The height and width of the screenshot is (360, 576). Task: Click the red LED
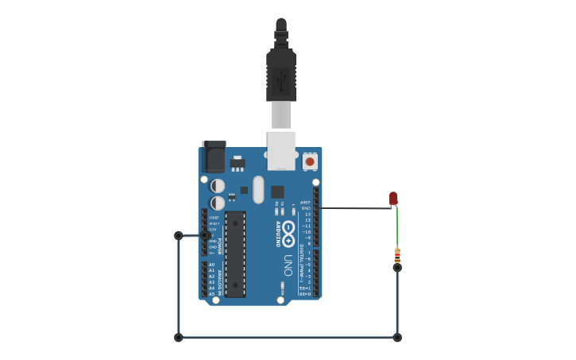393,198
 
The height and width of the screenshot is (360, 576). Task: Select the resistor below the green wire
397,256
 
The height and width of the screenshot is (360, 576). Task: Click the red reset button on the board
310,162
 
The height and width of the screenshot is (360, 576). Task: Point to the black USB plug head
281,75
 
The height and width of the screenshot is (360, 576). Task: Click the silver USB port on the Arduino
281,150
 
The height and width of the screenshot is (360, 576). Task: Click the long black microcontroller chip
234,254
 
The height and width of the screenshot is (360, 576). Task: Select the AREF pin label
306,203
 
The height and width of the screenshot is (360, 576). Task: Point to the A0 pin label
211,265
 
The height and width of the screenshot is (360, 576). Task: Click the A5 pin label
211,292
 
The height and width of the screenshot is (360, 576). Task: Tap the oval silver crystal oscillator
257,189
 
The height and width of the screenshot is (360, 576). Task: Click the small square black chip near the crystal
277,192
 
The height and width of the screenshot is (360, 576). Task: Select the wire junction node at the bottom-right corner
397,338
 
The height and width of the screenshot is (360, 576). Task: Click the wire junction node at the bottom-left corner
178,338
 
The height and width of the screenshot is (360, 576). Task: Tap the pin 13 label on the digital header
307,215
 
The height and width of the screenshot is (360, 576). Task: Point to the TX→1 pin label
305,288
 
